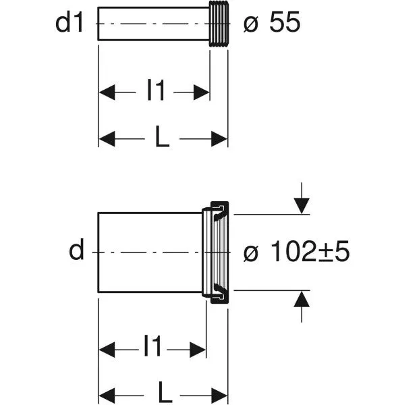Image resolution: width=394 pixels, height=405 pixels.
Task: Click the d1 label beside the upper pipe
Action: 69,23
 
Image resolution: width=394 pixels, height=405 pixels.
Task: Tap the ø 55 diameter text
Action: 272,22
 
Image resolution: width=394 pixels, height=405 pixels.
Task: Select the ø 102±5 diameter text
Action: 296,251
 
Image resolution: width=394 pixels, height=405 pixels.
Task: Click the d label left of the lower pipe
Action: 76,249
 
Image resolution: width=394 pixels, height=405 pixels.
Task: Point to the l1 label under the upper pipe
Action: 155,90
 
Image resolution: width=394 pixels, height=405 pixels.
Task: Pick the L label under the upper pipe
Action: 162,136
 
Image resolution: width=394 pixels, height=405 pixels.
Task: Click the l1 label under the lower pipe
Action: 152,346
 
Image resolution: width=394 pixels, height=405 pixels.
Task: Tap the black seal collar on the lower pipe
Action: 220,252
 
